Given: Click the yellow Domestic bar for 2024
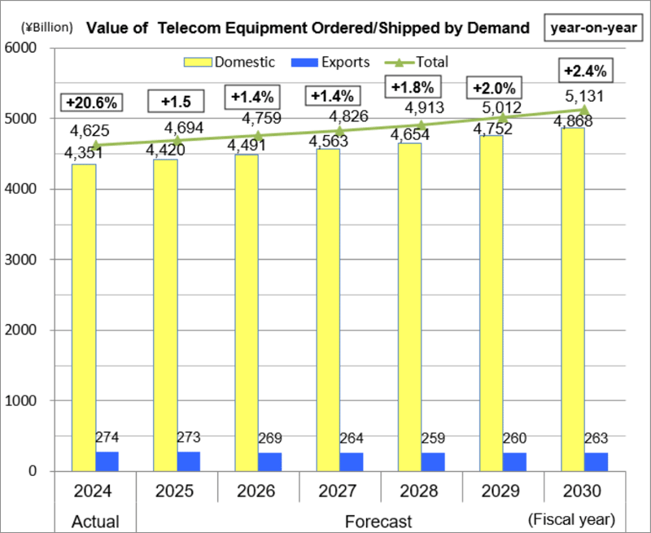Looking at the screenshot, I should pyautogui.click(x=84, y=317).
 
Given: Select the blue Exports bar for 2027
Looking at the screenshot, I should pyautogui.click(x=352, y=461).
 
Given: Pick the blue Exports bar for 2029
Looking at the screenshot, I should pyautogui.click(x=514, y=461).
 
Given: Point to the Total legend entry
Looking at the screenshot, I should pyautogui.click(x=422, y=62).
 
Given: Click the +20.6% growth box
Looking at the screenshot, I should pyautogui.click(x=93, y=103).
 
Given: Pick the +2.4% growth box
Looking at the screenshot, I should pyautogui.click(x=584, y=71).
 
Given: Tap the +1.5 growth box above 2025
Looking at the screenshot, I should pyautogui.click(x=175, y=103).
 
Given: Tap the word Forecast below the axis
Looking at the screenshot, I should pyautogui.click(x=378, y=520).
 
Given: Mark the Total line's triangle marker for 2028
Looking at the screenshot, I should pyautogui.click(x=422, y=125).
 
